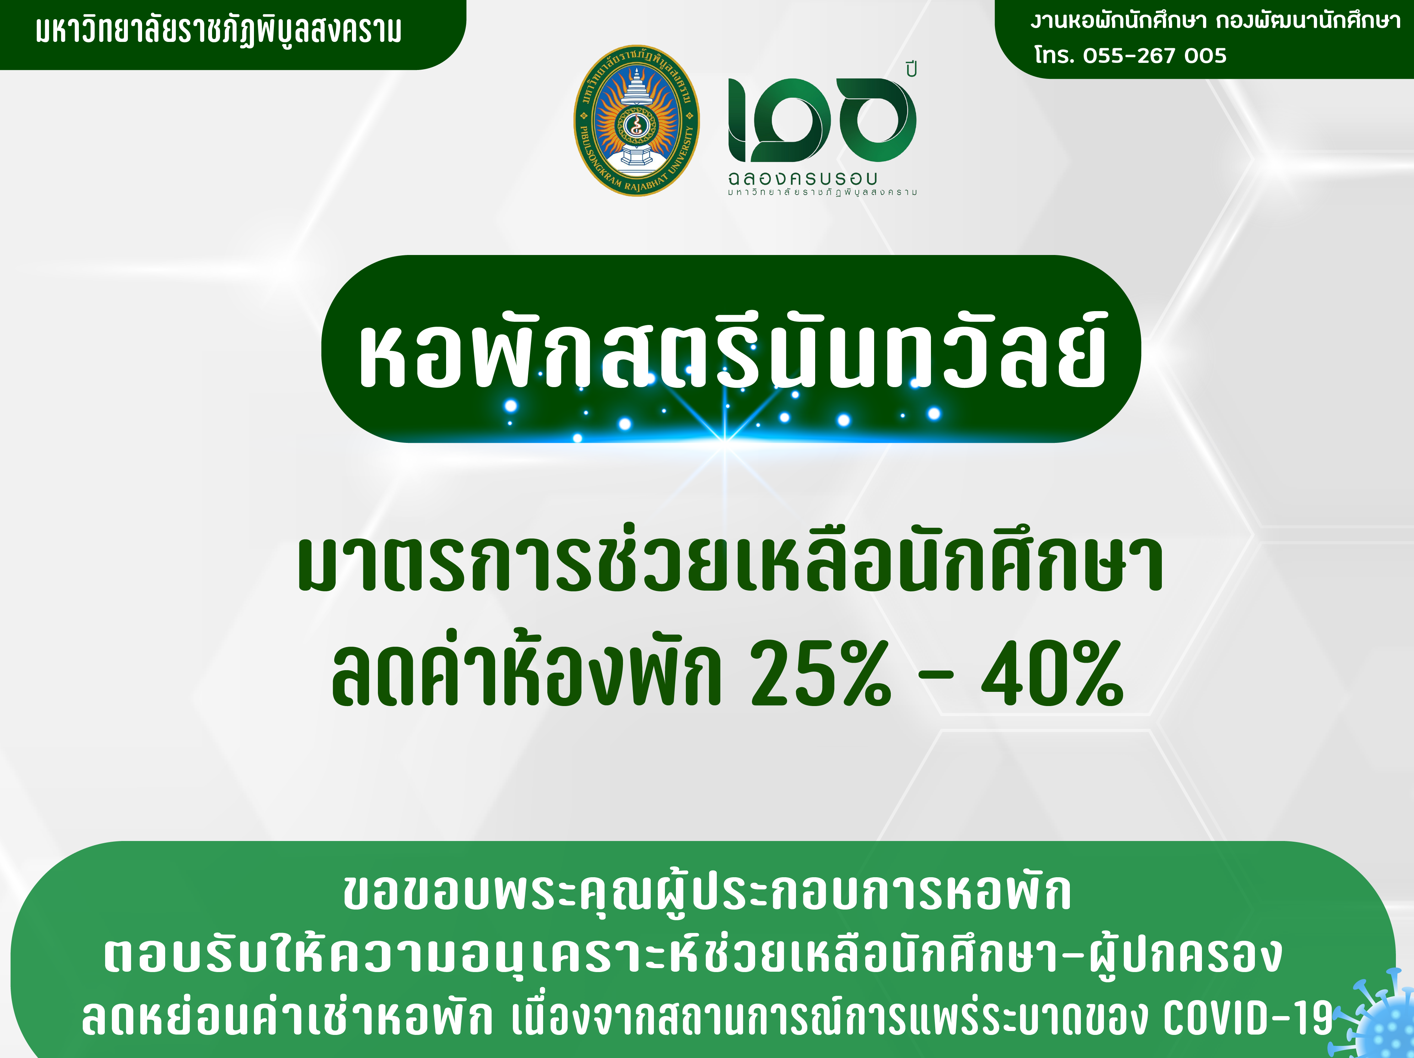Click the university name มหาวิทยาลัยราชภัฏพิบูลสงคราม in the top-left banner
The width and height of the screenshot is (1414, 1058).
(219, 31)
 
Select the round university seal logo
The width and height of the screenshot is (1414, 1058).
(637, 120)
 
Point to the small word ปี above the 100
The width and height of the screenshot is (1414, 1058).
(911, 69)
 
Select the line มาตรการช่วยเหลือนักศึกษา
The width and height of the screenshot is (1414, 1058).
(730, 563)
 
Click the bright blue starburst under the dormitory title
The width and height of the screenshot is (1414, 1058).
(726, 440)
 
